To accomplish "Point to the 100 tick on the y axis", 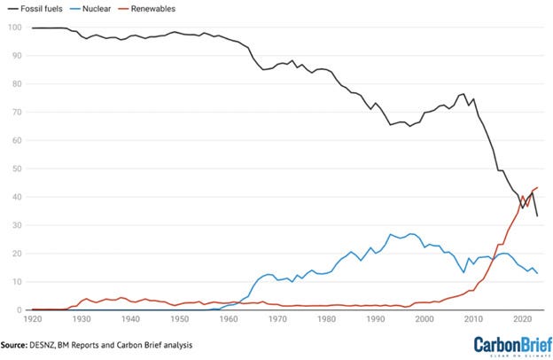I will [x=14, y=27].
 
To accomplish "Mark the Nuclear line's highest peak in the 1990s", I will [x=391, y=234].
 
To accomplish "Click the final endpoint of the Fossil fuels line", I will [x=538, y=216].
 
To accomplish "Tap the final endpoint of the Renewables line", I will [x=538, y=187].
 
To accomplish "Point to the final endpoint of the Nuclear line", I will [x=538, y=273].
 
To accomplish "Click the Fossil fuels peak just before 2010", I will [x=463, y=93].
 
